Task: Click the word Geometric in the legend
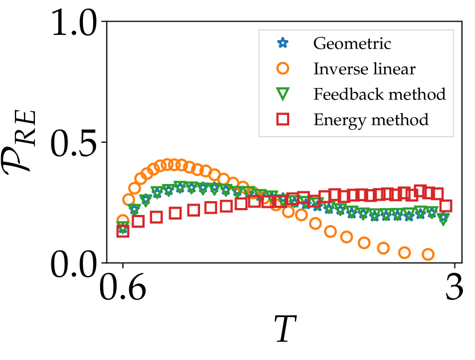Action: tap(352, 43)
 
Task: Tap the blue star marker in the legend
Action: tap(282, 43)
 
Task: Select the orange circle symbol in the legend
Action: tap(282, 69)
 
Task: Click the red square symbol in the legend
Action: tap(282, 119)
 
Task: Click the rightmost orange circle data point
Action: tap(428, 254)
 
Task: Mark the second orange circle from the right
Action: tap(405, 252)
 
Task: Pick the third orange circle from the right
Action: tap(384, 248)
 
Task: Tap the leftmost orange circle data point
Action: tap(122, 221)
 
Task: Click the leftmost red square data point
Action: tap(122, 231)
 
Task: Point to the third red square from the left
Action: tap(156, 217)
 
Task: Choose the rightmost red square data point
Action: tap(446, 206)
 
